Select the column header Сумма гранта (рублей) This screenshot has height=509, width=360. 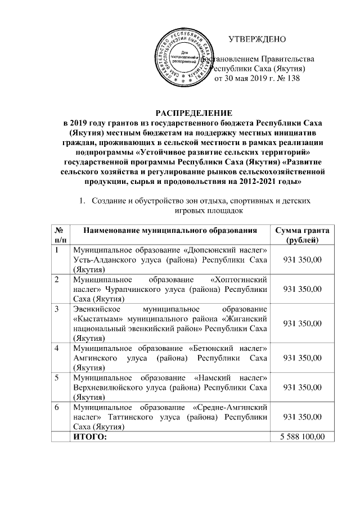pos(301,236)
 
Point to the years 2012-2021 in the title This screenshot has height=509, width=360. pos(254,183)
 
